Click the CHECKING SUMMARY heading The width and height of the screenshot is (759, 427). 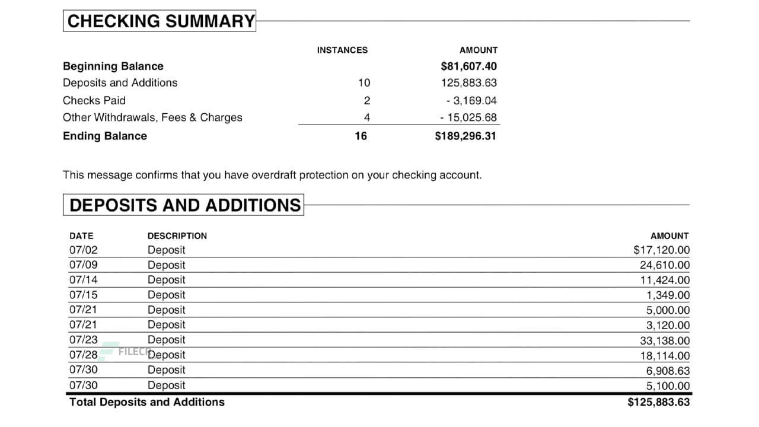pos(160,21)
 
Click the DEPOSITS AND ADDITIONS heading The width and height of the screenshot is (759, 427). pos(184,205)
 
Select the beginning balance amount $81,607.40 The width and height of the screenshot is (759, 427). pos(468,66)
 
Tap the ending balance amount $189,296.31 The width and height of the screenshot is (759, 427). pos(465,136)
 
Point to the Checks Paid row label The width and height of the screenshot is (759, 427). pos(94,100)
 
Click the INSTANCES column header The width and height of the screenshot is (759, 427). pos(342,50)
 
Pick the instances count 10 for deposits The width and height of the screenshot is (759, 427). pos(363,83)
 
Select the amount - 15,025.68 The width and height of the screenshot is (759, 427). pos(468,117)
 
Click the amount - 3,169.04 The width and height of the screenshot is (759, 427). pos(471,100)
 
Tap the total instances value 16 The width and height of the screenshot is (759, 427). pos(361,136)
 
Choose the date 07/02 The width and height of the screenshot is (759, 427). pos(83,250)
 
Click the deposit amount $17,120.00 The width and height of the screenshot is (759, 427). pos(661,250)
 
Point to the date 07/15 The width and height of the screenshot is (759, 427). pos(83,295)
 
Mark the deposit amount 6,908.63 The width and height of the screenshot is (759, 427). pos(668,371)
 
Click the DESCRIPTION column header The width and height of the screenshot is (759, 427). pos(177,236)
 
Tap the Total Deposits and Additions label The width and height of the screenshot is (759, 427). pos(147,402)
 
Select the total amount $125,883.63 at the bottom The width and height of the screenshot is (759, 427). pos(658,402)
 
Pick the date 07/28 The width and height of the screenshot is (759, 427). pos(83,355)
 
